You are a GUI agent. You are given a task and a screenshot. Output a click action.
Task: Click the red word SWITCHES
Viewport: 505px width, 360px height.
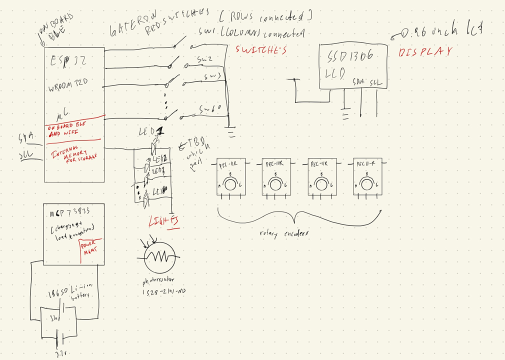coord(261,50)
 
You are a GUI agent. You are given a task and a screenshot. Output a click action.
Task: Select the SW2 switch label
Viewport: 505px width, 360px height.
coord(204,60)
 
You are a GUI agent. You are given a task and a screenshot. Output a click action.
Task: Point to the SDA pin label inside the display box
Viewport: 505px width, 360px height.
coord(358,81)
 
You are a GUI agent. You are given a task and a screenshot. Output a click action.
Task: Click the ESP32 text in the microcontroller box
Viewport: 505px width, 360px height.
coord(68,60)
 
